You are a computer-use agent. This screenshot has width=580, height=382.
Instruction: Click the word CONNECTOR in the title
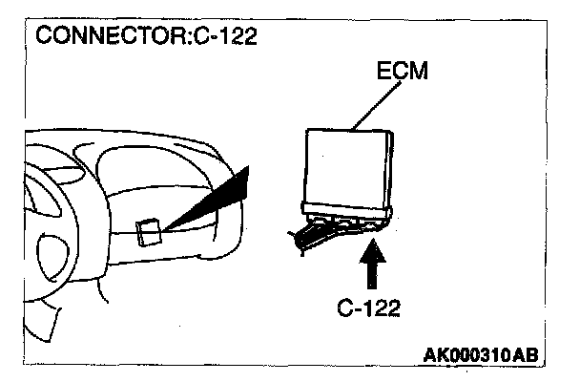point(100,37)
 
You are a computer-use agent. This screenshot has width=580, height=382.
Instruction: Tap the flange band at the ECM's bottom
point(349,211)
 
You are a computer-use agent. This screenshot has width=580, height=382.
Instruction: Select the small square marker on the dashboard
point(148,232)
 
